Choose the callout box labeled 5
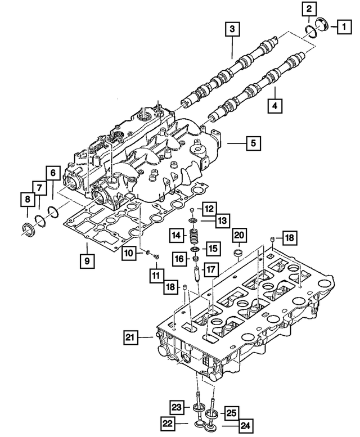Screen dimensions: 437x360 253,143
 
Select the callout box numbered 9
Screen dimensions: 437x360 87,261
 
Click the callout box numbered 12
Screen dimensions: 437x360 209,209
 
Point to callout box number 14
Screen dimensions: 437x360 177,235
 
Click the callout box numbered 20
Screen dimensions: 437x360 238,235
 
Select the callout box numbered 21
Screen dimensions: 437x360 130,337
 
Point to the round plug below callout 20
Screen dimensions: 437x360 238,254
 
